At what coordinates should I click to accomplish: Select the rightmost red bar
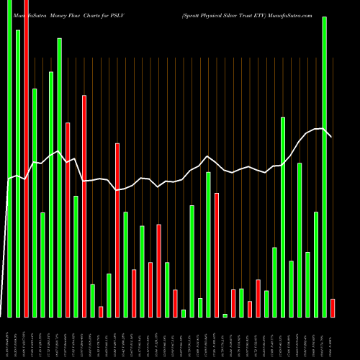333,308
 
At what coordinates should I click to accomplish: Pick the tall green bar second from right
324,166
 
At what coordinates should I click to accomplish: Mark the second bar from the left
18,174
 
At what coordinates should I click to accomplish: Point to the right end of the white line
332,137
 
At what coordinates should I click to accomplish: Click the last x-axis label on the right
333,338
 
